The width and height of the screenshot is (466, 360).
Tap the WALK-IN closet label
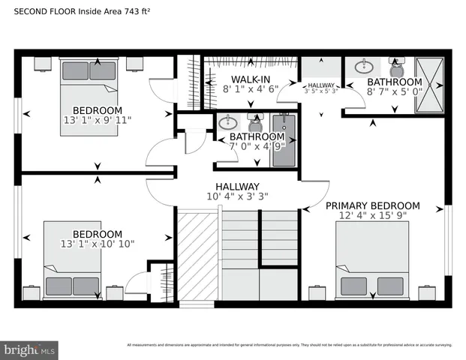click(x=250, y=79)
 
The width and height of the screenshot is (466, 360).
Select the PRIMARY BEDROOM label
click(x=372, y=205)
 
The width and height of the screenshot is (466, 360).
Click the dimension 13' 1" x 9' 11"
click(x=96, y=120)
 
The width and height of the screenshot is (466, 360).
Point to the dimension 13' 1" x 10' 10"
click(x=97, y=244)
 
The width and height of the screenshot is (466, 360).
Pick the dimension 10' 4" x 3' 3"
click(x=237, y=197)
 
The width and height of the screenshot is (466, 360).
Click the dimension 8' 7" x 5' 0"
click(x=394, y=91)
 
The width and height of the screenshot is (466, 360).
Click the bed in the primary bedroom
click(x=371, y=263)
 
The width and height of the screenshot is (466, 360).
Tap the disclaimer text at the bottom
click(x=289, y=345)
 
